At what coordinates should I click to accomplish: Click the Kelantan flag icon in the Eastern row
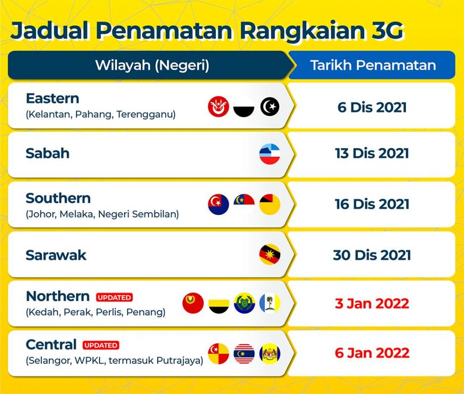click(x=218, y=106)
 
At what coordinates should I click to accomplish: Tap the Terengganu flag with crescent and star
click(x=270, y=106)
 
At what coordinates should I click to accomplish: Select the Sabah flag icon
click(x=270, y=154)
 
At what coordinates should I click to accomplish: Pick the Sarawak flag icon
click(x=270, y=255)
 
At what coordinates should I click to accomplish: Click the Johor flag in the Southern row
click(x=218, y=204)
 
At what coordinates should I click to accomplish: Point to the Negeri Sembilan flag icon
click(x=270, y=204)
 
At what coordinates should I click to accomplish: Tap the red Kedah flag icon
click(x=193, y=303)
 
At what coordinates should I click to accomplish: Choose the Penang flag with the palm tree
click(x=270, y=303)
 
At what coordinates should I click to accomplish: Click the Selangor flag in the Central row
click(x=218, y=354)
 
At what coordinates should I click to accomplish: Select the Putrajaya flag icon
click(x=270, y=354)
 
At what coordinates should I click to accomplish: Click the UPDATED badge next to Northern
click(x=114, y=297)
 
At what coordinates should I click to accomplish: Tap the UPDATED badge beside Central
click(x=101, y=345)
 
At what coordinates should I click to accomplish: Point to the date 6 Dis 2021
click(x=372, y=107)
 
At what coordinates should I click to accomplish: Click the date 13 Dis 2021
click(x=372, y=153)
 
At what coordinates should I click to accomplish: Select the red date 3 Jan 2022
click(x=372, y=303)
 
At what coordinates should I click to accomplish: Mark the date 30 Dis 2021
click(x=372, y=255)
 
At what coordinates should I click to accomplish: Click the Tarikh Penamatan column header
click(x=373, y=65)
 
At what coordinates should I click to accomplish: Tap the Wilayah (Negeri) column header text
click(x=152, y=65)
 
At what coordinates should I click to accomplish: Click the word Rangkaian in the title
click(x=302, y=30)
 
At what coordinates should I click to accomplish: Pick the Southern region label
click(x=58, y=198)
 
